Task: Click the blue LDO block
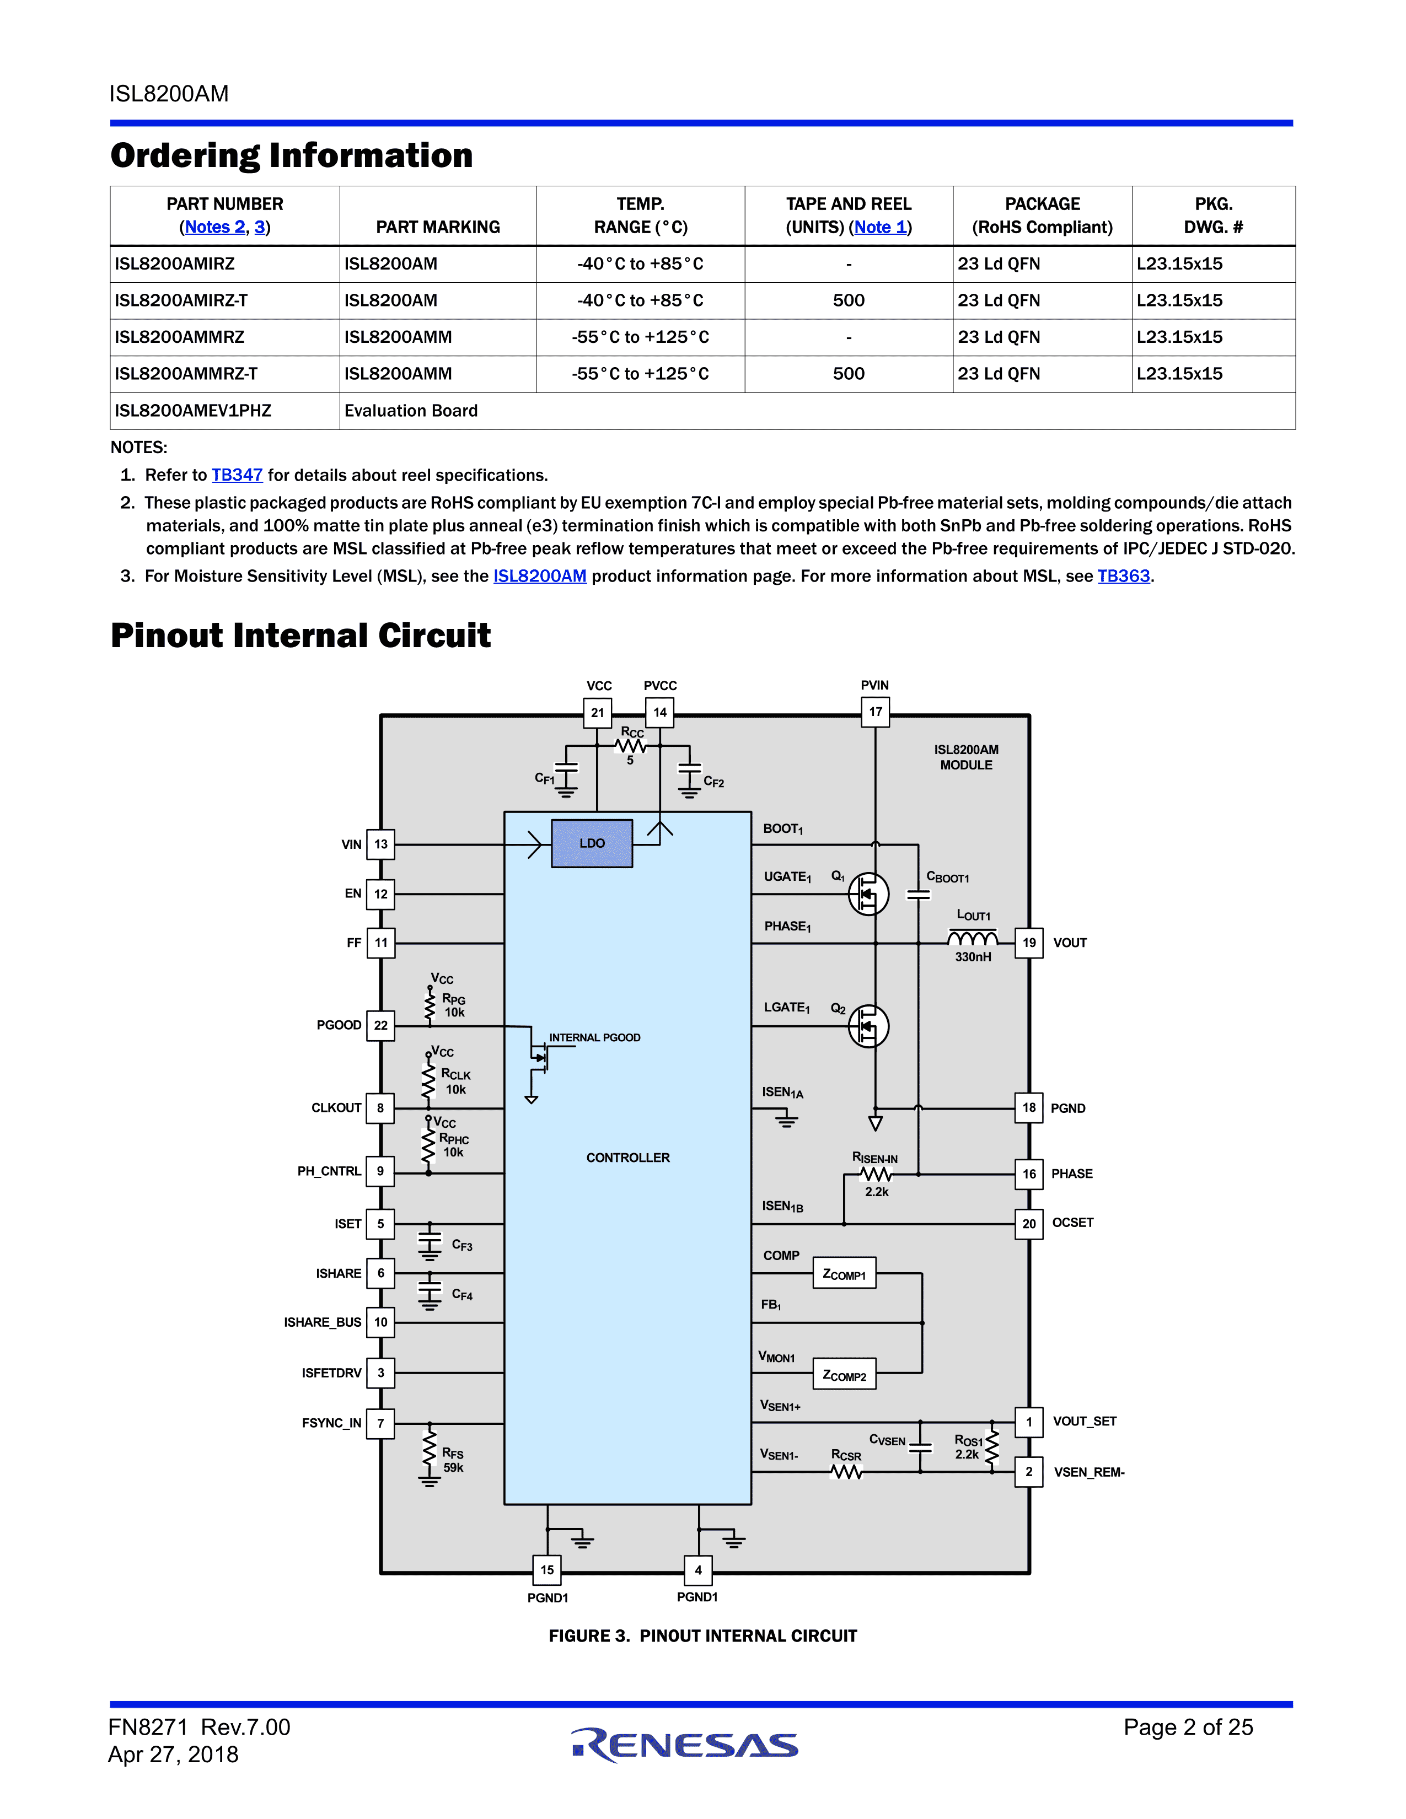592,843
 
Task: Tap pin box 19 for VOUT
1029,943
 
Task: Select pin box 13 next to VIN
380,844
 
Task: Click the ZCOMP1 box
844,1273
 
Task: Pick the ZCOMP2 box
844,1374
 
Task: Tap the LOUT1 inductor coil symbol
972,939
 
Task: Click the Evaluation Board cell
411,411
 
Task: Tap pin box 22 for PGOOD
380,1025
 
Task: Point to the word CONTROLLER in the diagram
627,1158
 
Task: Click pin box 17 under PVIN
874,712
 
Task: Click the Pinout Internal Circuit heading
300,636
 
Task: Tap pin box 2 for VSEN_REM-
1029,1472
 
